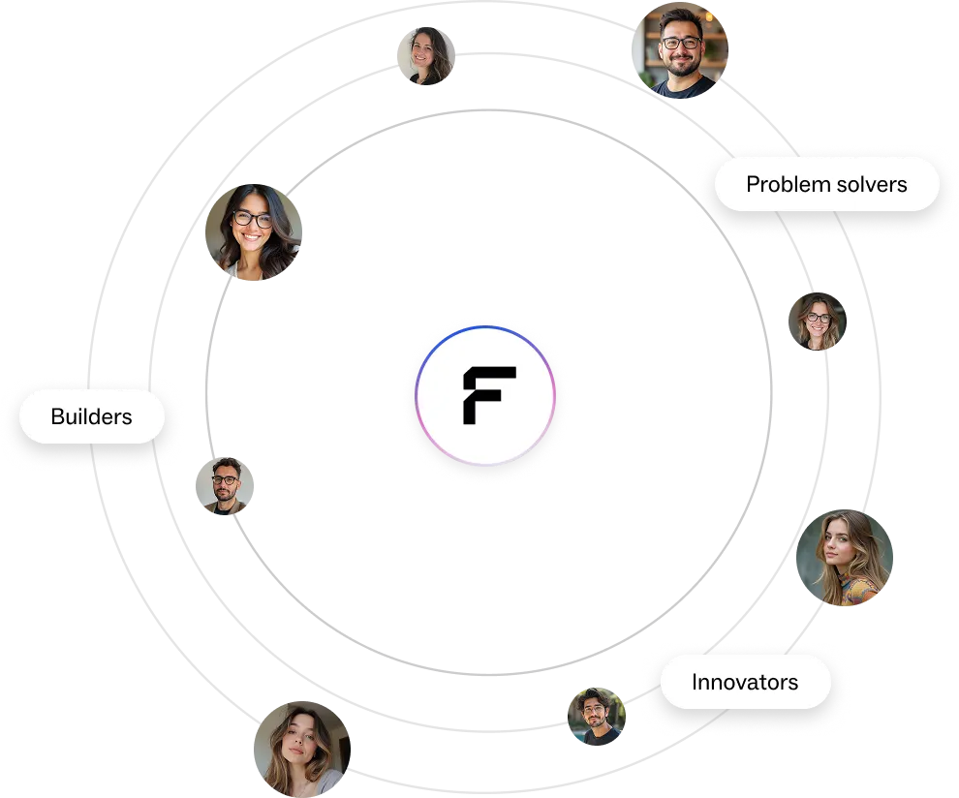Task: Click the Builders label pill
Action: pos(92,416)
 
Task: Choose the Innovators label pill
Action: pos(745,682)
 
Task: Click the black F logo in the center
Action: pos(488,394)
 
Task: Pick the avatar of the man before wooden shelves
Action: pos(682,52)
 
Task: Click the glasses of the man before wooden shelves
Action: pos(681,43)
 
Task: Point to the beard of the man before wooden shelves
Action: pos(682,67)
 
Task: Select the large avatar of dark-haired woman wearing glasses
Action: pos(253,232)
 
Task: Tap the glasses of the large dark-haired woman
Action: pos(253,219)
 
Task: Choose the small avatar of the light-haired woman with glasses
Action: pos(816,322)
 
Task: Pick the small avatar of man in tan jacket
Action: pos(225,487)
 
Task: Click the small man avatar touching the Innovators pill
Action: pos(596,717)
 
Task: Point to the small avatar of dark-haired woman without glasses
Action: pos(426,55)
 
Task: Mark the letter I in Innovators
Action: pos(695,682)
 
